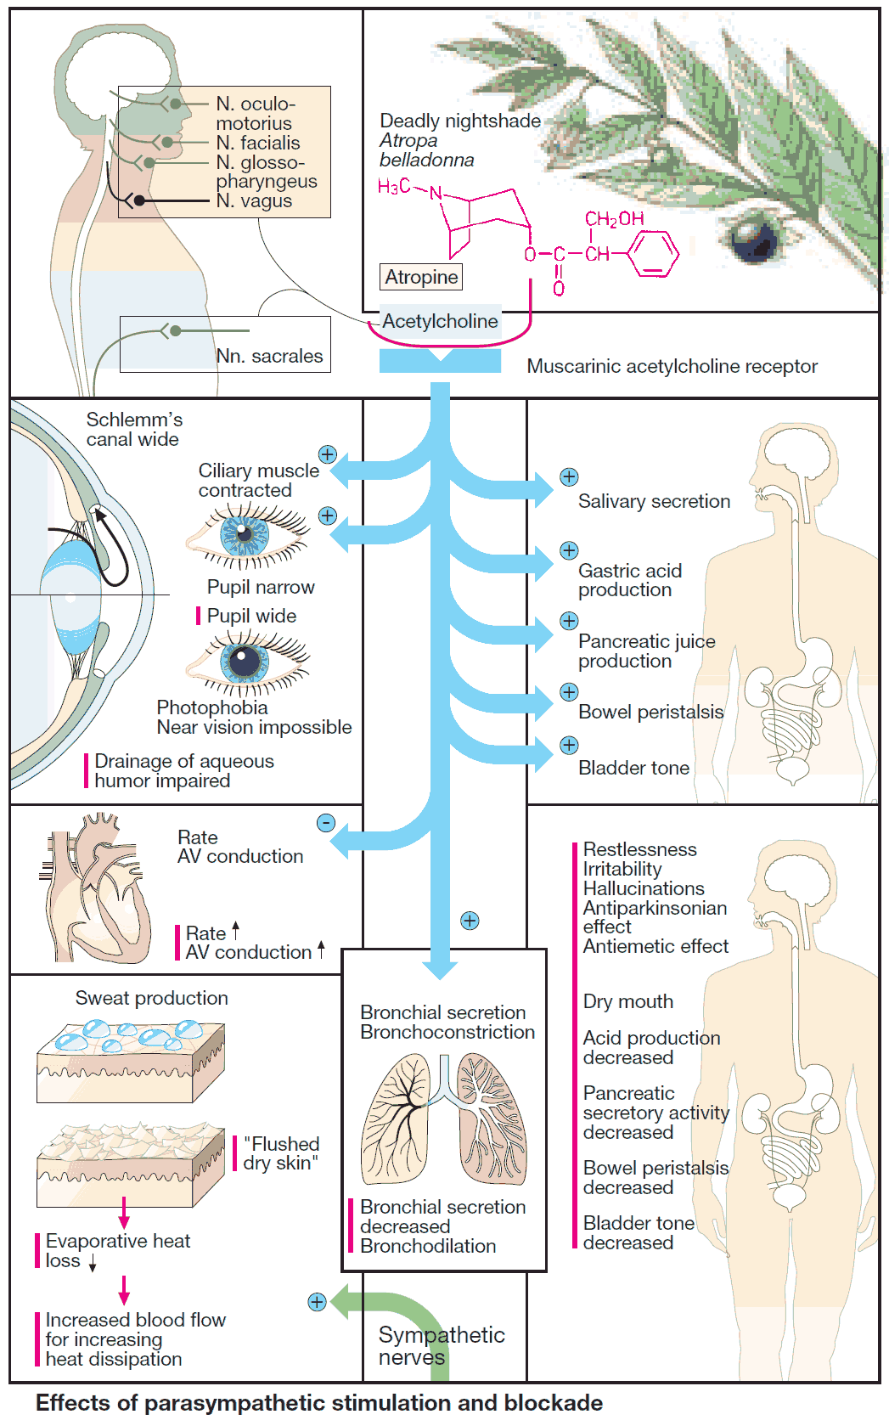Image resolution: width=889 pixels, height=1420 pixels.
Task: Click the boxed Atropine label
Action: pos(421,277)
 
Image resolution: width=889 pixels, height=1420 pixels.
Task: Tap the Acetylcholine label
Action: pos(440,321)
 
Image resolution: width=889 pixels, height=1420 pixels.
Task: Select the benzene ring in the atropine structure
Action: pos(653,253)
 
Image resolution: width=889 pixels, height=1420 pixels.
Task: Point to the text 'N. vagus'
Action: pos(254,201)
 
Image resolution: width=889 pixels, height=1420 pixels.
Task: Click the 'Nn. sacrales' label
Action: pos(269,356)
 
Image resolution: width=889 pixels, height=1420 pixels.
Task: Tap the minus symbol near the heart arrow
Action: pos(326,823)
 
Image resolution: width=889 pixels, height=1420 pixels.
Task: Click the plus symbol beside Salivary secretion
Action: pos(569,477)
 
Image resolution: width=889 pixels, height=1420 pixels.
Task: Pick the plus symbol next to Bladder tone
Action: pos(569,746)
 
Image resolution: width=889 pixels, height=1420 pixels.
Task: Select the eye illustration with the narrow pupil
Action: pos(247,534)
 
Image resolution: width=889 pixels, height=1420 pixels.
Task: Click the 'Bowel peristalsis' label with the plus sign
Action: pos(650,712)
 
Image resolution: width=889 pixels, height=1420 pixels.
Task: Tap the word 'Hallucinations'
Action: pos(644,888)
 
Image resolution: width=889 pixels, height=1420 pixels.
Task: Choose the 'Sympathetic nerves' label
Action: pos(441,1345)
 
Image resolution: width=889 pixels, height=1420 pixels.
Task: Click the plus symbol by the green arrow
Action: pos(317,1302)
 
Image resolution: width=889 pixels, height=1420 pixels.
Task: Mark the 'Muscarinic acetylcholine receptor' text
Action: pos(672,366)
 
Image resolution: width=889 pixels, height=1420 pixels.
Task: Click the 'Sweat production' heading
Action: pos(151,998)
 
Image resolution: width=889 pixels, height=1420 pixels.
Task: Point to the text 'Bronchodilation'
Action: pos(428,1246)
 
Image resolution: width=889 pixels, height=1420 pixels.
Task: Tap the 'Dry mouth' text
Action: pos(627,1001)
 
